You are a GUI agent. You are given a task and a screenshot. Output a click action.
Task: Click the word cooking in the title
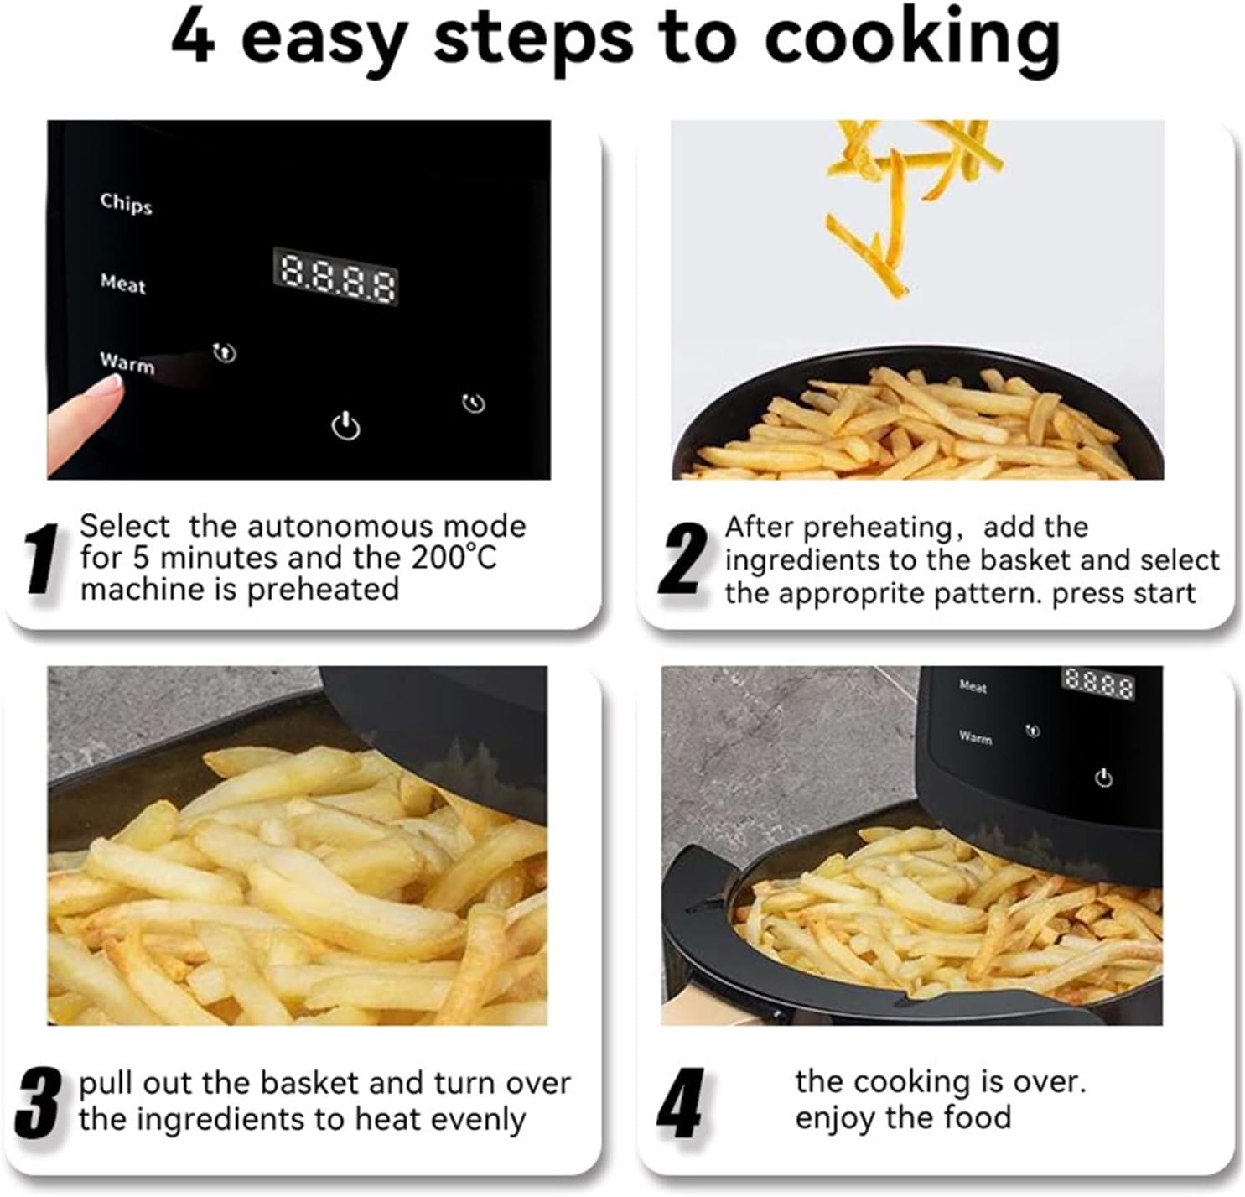[912, 40]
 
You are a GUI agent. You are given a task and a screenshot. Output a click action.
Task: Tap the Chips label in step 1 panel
[126, 203]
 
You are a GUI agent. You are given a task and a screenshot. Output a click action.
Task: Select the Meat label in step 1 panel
[123, 284]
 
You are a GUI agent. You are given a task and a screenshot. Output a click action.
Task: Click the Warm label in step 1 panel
[127, 363]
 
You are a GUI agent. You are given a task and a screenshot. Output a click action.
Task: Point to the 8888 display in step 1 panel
[335, 276]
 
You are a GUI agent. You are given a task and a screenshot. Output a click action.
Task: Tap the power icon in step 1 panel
[346, 427]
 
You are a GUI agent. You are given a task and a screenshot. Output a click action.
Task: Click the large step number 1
[42, 559]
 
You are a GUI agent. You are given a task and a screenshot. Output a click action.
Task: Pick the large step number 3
[39, 1103]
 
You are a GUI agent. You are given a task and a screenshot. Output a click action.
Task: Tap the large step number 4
[680, 1103]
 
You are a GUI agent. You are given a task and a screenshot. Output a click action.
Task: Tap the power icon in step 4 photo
[1103, 778]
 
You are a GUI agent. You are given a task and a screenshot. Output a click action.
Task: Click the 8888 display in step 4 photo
[1098, 684]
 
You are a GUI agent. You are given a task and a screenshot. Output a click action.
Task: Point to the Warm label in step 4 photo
[975, 737]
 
